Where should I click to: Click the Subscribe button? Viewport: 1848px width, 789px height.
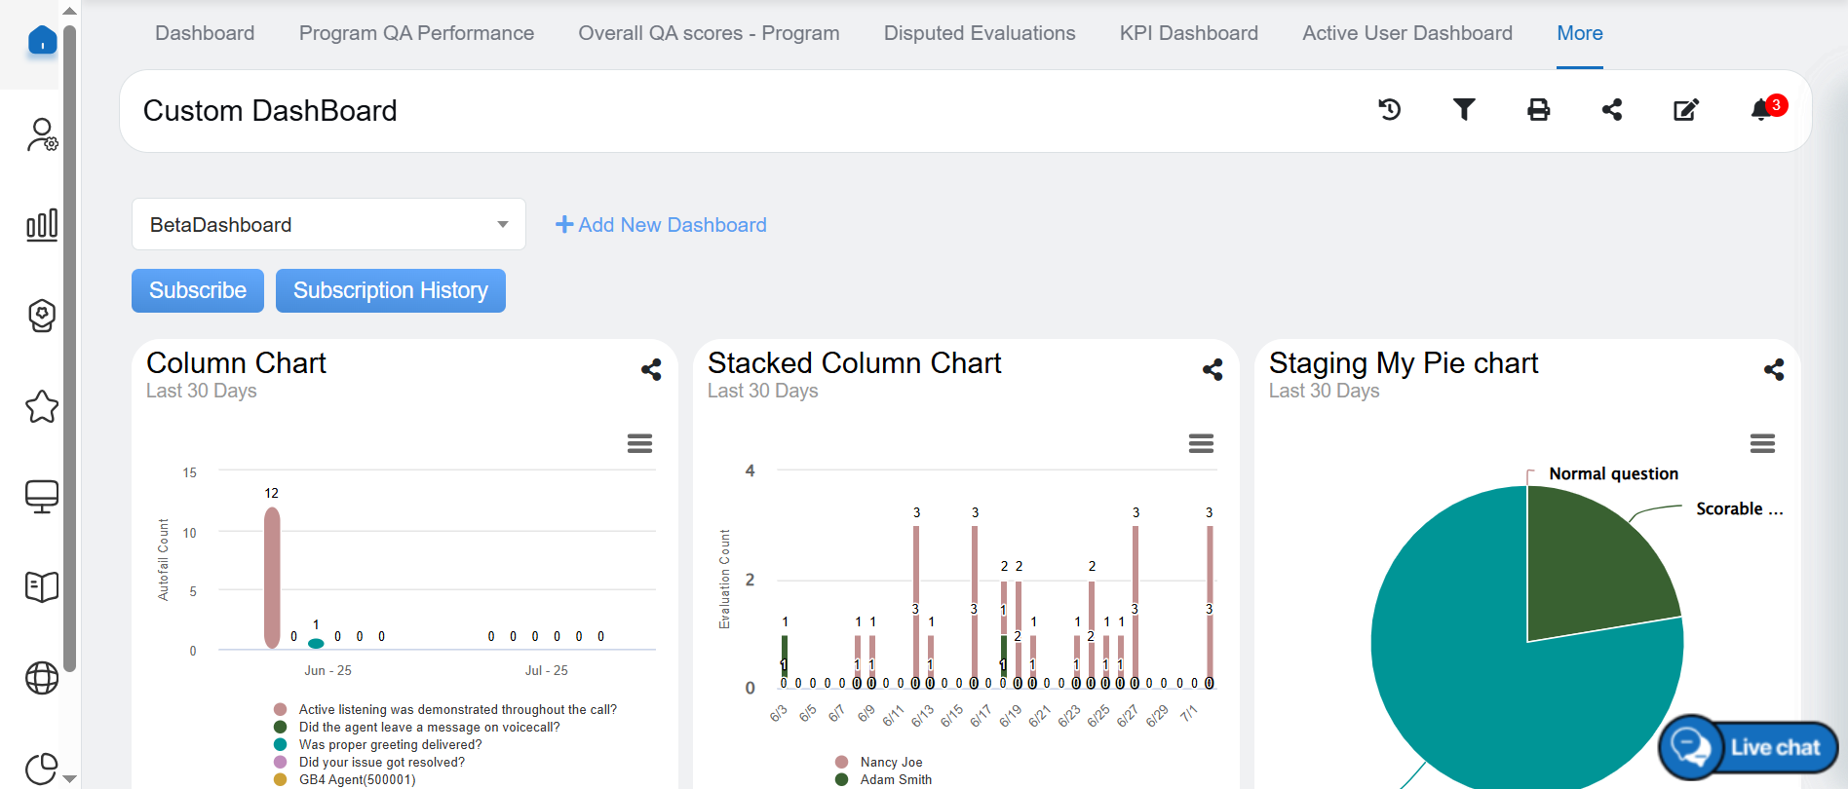[198, 290]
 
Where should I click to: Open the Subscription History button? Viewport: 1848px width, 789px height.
[390, 290]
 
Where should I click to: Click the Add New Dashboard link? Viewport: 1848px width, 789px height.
[661, 225]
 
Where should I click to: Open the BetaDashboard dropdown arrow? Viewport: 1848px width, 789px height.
[503, 225]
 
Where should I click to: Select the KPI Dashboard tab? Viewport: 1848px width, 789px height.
[1188, 33]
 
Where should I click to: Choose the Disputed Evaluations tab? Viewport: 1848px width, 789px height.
[979, 33]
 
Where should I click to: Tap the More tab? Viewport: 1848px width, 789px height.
[1579, 33]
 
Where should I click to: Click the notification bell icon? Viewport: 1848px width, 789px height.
[1761, 110]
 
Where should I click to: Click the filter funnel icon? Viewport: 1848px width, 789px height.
[1464, 110]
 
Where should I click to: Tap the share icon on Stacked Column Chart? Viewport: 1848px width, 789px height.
[1213, 370]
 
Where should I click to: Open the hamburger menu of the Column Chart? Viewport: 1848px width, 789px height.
[639, 444]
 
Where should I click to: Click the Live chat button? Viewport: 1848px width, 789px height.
[1749, 747]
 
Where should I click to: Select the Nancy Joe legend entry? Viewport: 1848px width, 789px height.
[891, 762]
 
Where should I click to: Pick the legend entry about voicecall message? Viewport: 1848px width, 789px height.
[429, 727]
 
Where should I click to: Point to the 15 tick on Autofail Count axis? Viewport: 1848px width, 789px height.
[190, 472]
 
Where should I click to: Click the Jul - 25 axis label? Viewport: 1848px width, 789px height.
[546, 670]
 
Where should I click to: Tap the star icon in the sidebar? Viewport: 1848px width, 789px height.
[42, 407]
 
